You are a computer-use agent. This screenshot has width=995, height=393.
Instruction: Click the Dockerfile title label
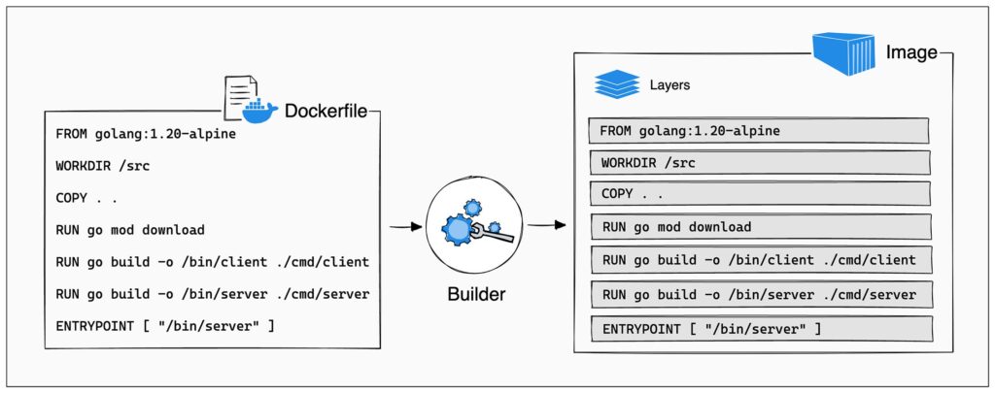(326, 112)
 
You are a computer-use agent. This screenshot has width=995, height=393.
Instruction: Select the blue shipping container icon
(844, 54)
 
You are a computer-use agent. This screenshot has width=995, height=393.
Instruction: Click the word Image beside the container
(910, 52)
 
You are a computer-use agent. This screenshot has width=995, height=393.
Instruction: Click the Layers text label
(669, 85)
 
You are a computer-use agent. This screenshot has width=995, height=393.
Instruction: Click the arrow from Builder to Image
(546, 226)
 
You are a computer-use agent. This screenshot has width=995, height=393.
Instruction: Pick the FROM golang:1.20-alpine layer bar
(759, 130)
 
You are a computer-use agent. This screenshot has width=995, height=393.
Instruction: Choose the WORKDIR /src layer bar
(759, 162)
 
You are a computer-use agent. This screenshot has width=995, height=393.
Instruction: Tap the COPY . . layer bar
(759, 194)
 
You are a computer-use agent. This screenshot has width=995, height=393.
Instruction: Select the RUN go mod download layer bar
(759, 227)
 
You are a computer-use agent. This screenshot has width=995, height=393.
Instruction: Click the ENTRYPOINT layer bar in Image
(759, 329)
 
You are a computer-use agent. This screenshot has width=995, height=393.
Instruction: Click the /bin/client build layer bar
(759, 260)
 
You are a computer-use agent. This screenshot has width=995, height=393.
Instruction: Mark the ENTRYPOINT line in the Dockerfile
(164, 325)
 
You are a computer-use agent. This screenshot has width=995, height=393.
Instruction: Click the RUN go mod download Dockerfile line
(130, 230)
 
